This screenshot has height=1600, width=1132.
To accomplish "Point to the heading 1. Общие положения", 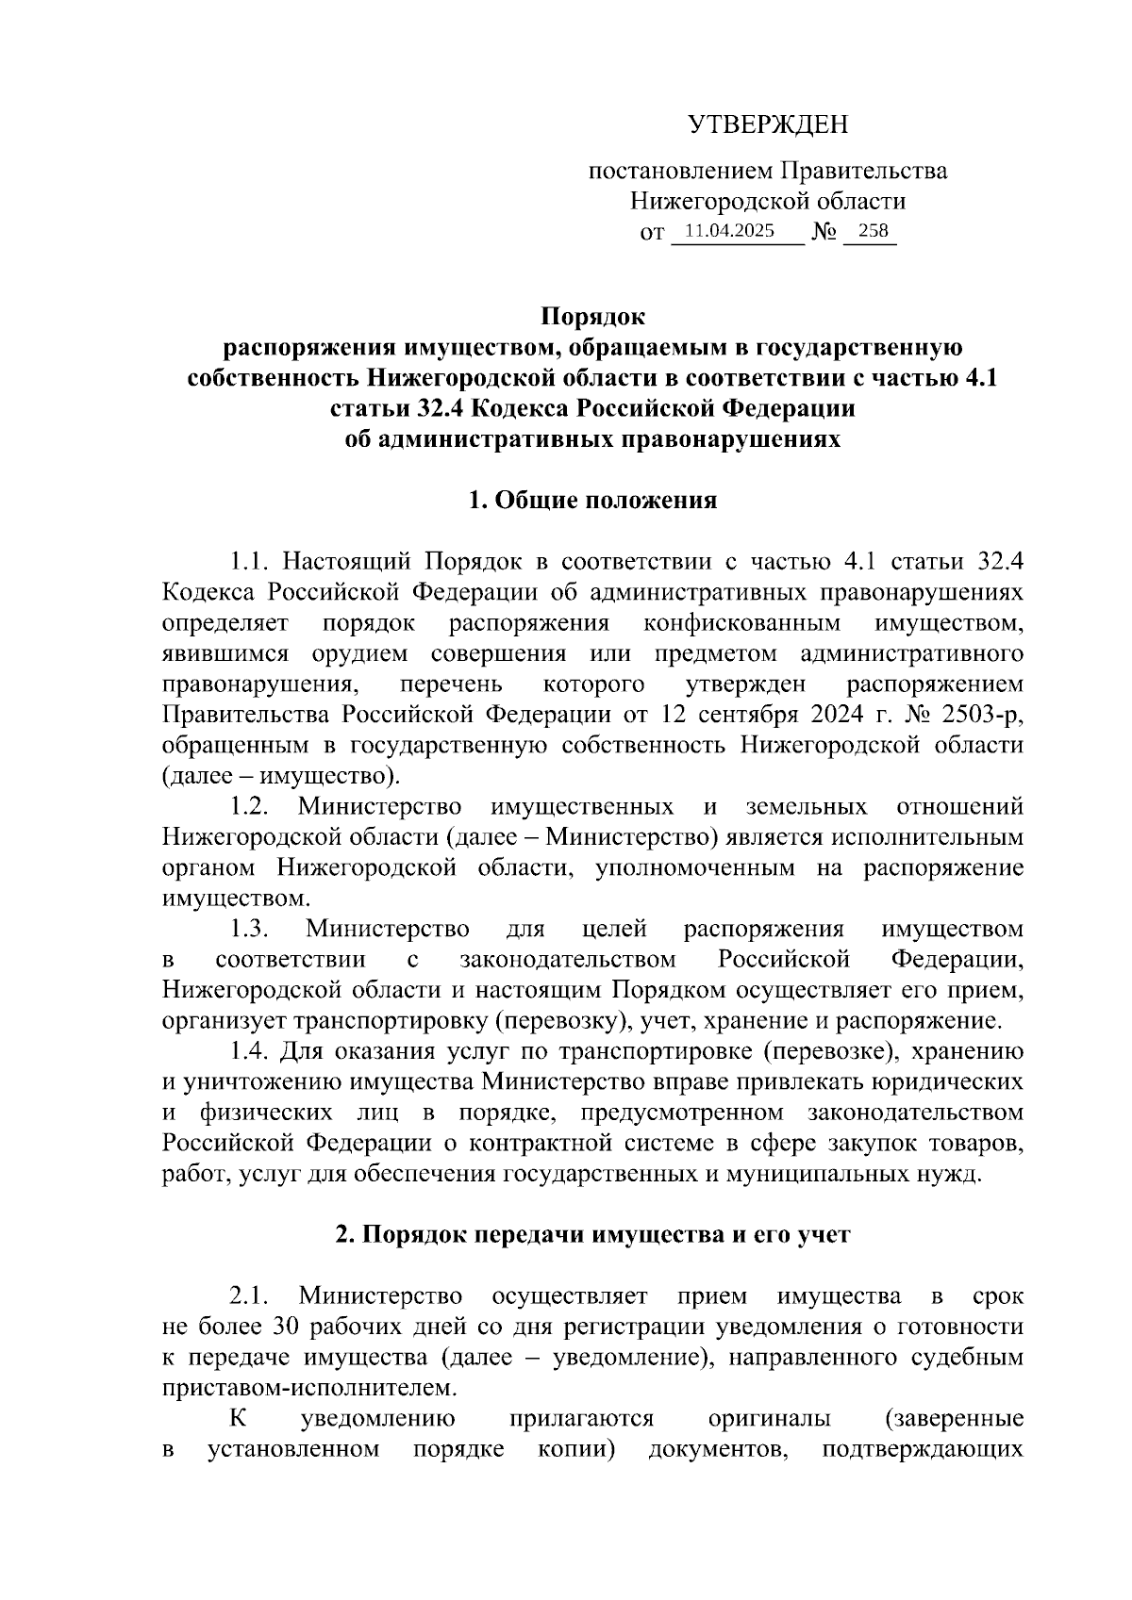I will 592,500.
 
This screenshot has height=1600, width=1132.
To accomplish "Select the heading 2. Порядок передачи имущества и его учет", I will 592,1234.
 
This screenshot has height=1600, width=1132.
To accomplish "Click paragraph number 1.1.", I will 251,562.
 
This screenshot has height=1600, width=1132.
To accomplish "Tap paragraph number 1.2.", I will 251,807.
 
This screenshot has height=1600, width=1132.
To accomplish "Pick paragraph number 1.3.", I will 251,930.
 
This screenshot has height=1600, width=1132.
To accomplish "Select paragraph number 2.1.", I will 251,1295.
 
